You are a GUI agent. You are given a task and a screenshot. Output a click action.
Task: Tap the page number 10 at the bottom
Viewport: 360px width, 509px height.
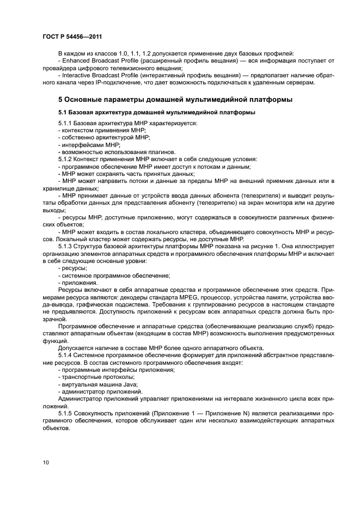[x=45, y=463]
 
